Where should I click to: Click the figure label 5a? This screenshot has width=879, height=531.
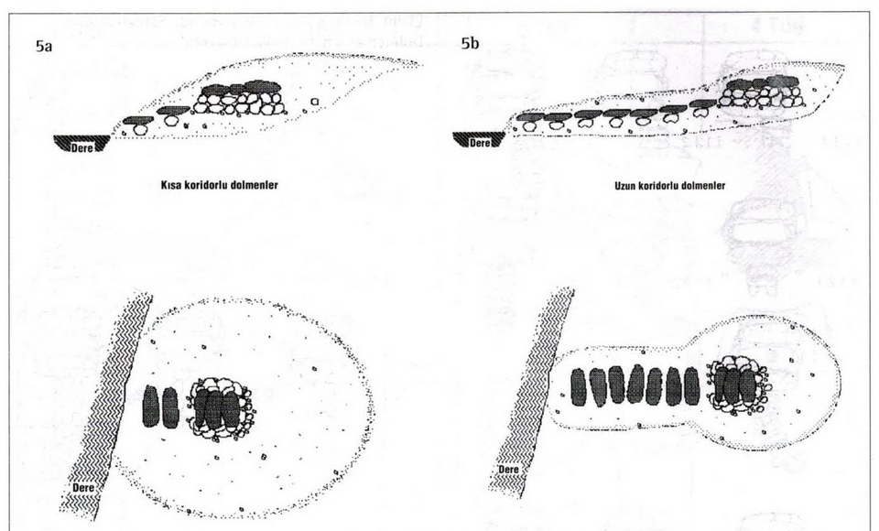tap(44, 47)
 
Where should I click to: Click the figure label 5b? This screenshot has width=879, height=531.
tap(471, 43)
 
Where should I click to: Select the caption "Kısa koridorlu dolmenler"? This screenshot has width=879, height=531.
tap(219, 185)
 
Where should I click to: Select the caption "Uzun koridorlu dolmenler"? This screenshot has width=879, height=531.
tap(670, 186)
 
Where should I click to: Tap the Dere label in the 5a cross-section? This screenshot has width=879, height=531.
tap(81, 148)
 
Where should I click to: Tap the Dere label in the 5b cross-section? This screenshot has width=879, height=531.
tap(480, 143)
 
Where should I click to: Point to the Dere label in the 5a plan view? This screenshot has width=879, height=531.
tap(83, 488)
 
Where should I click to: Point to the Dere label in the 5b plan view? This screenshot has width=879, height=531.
tap(508, 469)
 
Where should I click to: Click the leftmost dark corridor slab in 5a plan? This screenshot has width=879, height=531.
tap(151, 406)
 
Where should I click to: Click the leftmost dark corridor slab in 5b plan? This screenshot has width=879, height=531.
tap(579, 387)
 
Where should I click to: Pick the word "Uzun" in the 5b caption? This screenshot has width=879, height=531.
tap(625, 186)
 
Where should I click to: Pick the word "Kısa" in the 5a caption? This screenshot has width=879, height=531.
tap(171, 185)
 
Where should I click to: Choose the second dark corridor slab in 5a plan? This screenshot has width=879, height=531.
tap(170, 407)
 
